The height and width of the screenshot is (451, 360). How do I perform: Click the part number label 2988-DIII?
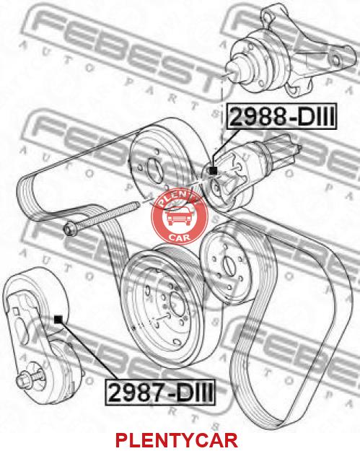coord(281,117)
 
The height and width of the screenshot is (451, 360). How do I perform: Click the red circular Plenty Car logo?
coord(180,218)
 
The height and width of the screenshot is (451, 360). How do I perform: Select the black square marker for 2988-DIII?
coord(213,170)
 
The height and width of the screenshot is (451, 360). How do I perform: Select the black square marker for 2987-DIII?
coord(58,319)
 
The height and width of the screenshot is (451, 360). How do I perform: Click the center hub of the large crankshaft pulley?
coord(175,302)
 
